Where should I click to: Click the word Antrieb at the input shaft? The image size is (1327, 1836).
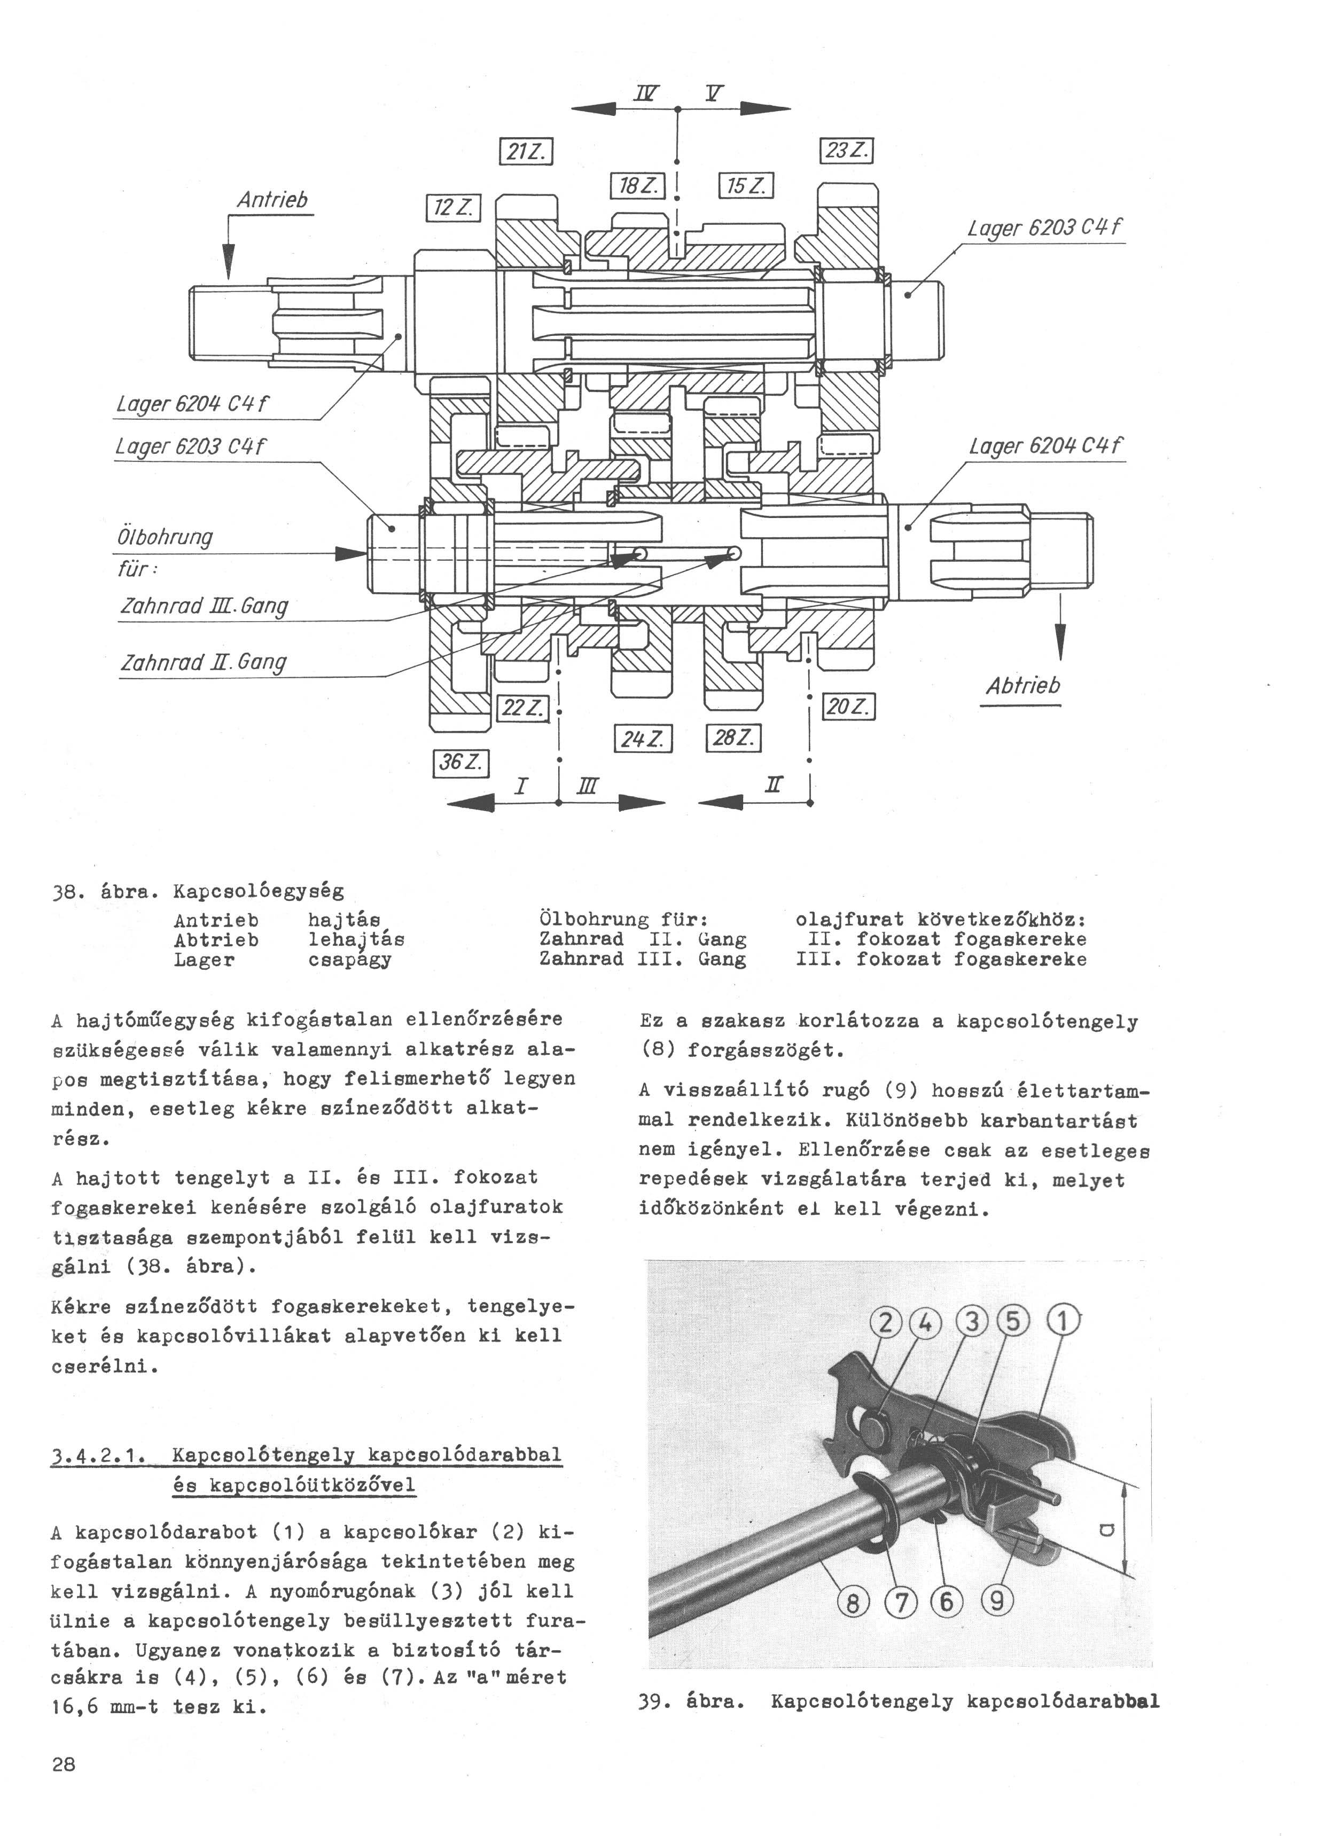point(272,200)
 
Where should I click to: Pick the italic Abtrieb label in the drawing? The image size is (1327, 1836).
point(1022,686)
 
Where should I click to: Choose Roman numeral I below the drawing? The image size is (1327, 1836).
point(522,786)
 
